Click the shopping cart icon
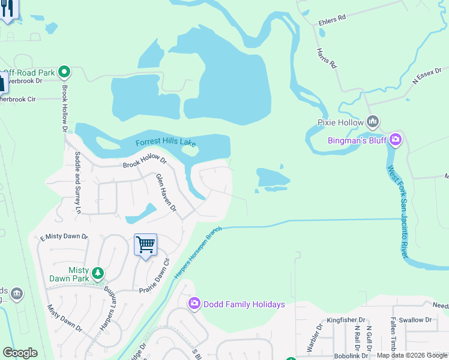coord(145,245)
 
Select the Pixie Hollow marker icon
coord(373,122)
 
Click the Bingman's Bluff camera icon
coord(395,140)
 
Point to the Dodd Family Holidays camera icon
coord(194,304)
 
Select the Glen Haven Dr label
coord(166,193)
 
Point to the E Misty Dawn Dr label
coord(64,238)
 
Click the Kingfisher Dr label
coord(346,320)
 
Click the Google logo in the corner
coord(20,353)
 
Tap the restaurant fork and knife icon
coord(7,11)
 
